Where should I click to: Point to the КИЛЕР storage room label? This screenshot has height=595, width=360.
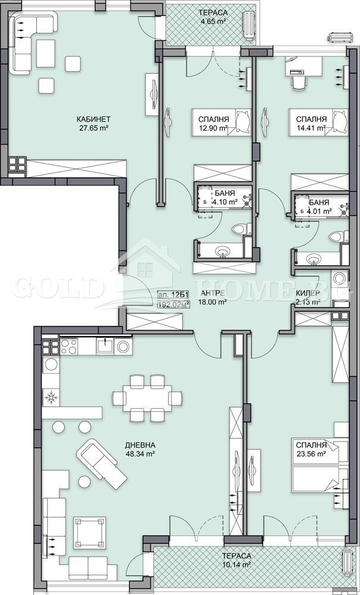tap(307, 293)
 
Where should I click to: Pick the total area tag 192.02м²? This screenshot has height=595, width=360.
tap(174, 303)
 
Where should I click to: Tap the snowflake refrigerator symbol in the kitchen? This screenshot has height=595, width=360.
tap(50, 397)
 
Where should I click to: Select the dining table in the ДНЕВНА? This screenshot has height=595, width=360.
tap(147, 398)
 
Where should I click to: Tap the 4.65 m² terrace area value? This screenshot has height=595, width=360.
tap(213, 21)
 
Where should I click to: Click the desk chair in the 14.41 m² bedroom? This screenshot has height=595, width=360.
tap(299, 82)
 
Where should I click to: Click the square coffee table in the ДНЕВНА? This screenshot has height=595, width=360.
tap(89, 533)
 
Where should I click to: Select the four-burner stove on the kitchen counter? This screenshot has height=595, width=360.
tap(69, 346)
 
